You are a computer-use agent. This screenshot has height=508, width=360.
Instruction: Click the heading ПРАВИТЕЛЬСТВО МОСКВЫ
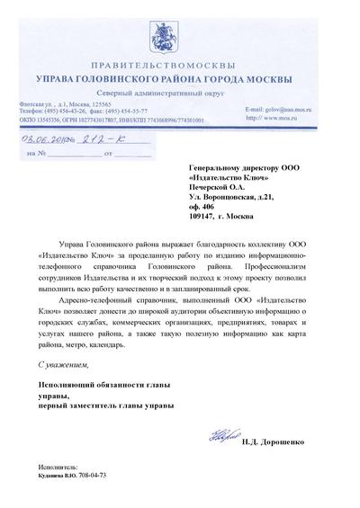pos(180,53)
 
